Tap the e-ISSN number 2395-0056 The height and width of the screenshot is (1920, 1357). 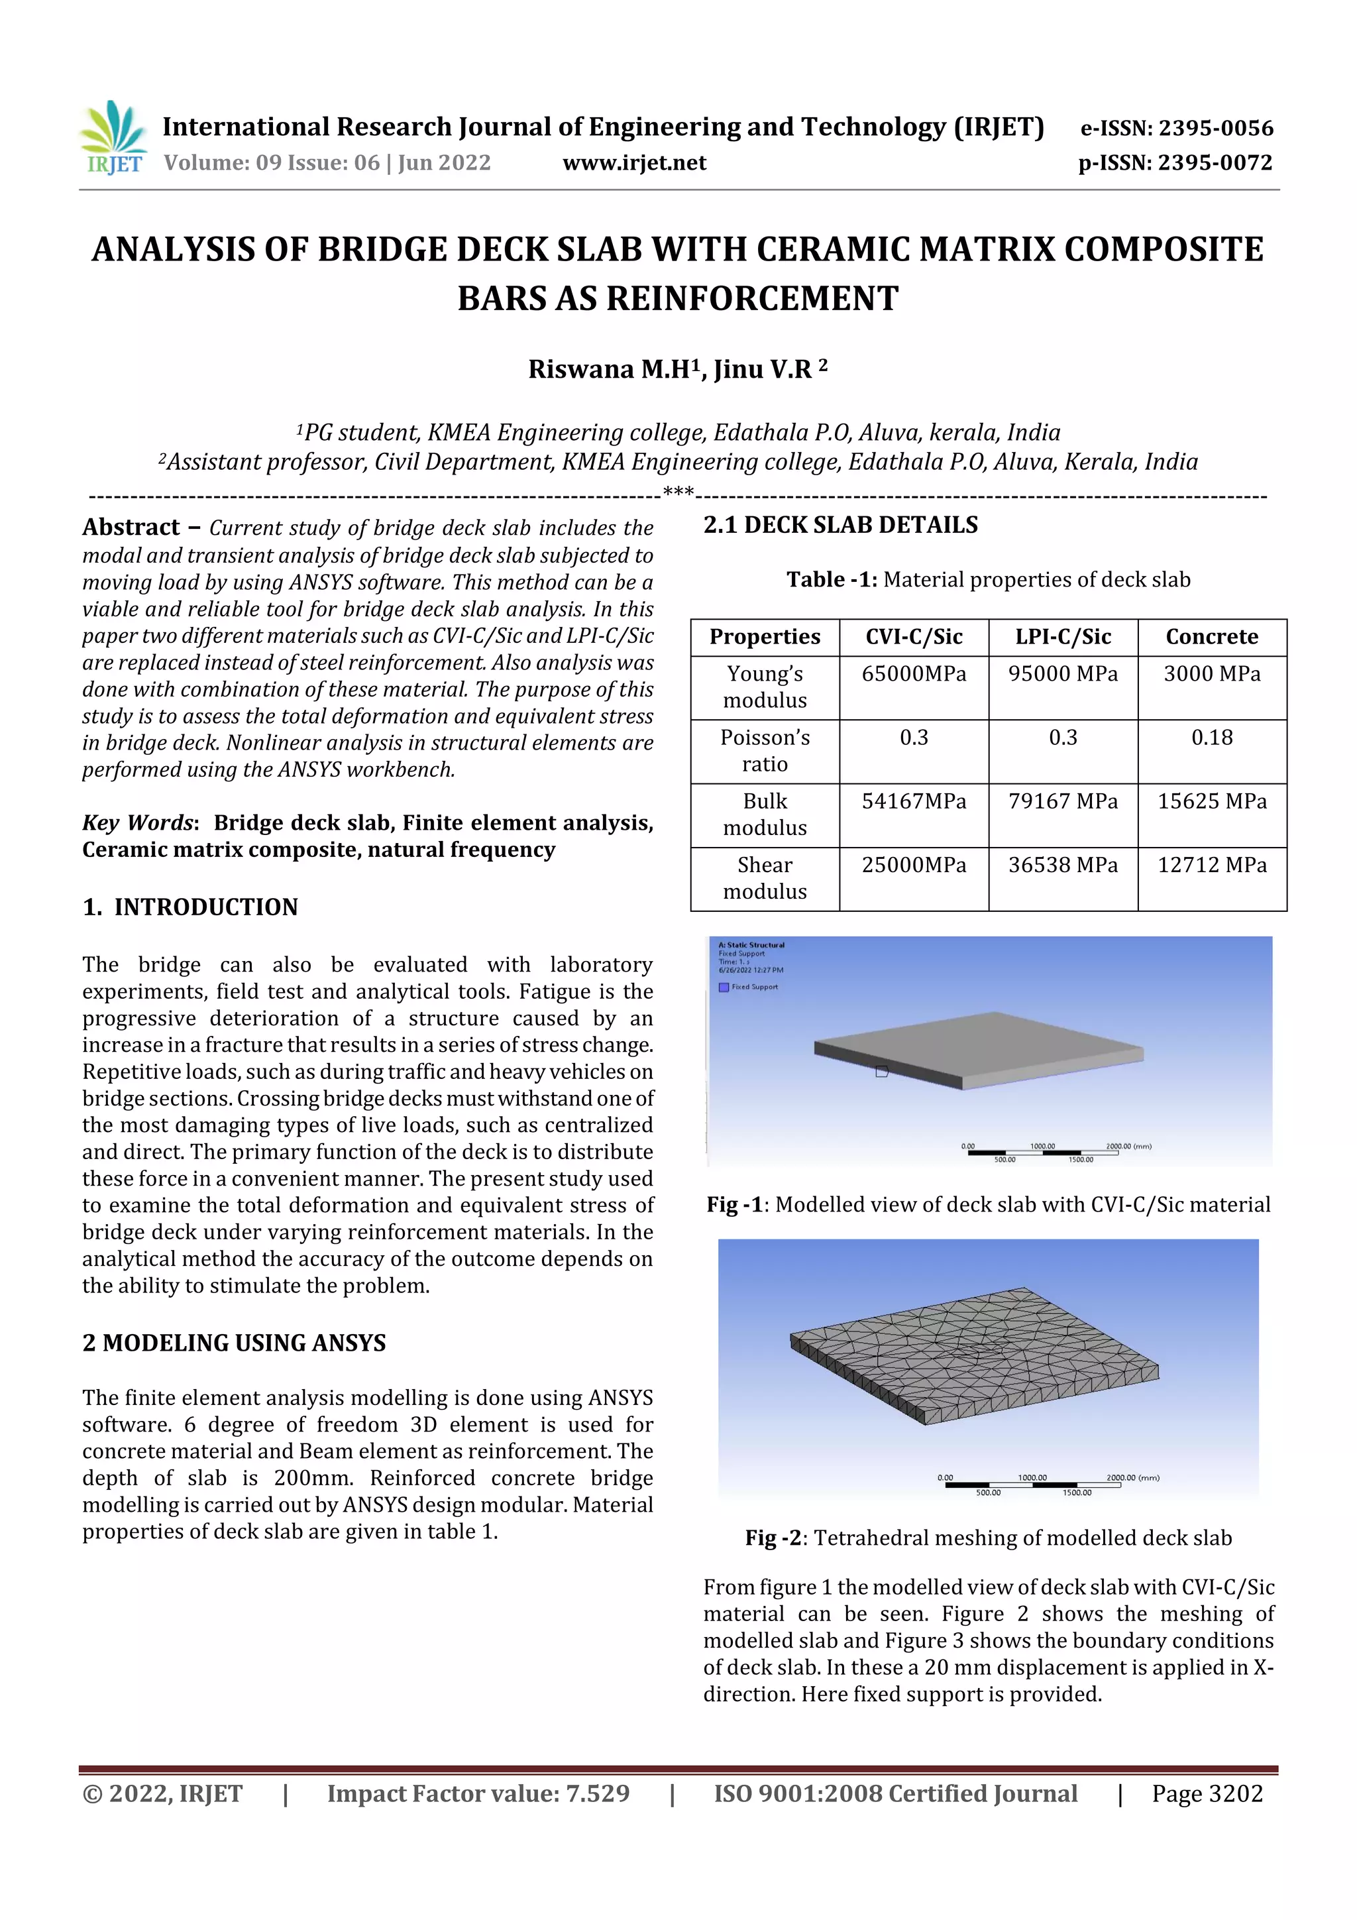click(x=1215, y=128)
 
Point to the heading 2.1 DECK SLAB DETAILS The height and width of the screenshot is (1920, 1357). click(x=840, y=525)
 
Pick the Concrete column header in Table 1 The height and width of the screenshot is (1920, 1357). click(x=1211, y=636)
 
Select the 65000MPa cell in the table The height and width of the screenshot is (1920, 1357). click(x=914, y=674)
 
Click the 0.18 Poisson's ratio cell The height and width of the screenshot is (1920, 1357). click(x=1211, y=738)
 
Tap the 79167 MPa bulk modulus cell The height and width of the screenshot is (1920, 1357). click(x=1063, y=801)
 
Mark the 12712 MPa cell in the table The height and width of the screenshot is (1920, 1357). click(x=1211, y=865)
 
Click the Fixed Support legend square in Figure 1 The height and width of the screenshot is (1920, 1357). click(x=724, y=987)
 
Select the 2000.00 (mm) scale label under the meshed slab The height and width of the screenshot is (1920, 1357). click(x=1132, y=1478)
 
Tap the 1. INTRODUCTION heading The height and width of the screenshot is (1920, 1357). click(x=191, y=907)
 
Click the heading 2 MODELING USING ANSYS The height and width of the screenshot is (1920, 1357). click(x=234, y=1343)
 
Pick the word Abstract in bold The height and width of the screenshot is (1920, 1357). click(x=131, y=528)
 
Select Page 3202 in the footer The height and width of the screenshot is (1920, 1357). click(x=1207, y=1793)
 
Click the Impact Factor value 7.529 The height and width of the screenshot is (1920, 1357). click(x=597, y=1793)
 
